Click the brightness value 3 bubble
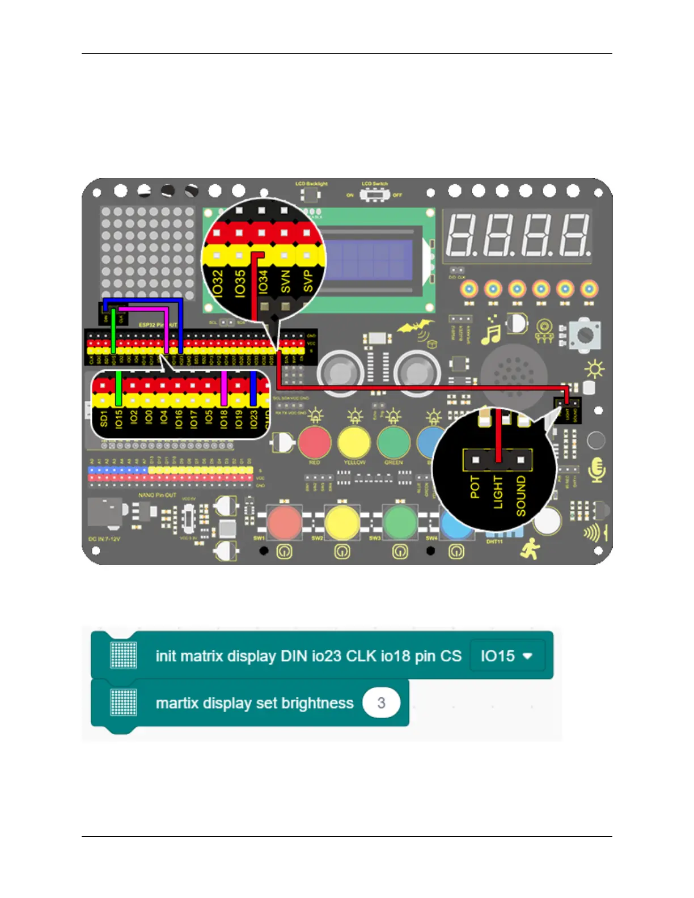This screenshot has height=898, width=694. point(381,703)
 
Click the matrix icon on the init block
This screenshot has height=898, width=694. point(124,655)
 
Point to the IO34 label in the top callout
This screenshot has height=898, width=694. point(263,282)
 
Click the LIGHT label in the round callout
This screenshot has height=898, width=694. point(498,492)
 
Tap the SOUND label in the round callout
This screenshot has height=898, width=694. point(520,496)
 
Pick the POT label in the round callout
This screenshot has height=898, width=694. point(475,488)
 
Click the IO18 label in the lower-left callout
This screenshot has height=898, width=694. point(223,420)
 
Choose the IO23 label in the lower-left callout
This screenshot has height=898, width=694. point(253,420)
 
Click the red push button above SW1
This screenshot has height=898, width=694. point(284,521)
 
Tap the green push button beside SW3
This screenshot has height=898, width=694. point(400,521)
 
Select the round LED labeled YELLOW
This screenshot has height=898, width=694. point(354,442)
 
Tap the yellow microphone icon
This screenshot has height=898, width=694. point(596,469)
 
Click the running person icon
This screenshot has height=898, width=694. point(531,549)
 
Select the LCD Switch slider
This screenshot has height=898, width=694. point(375,194)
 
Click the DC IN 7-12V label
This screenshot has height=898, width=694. point(104,539)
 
